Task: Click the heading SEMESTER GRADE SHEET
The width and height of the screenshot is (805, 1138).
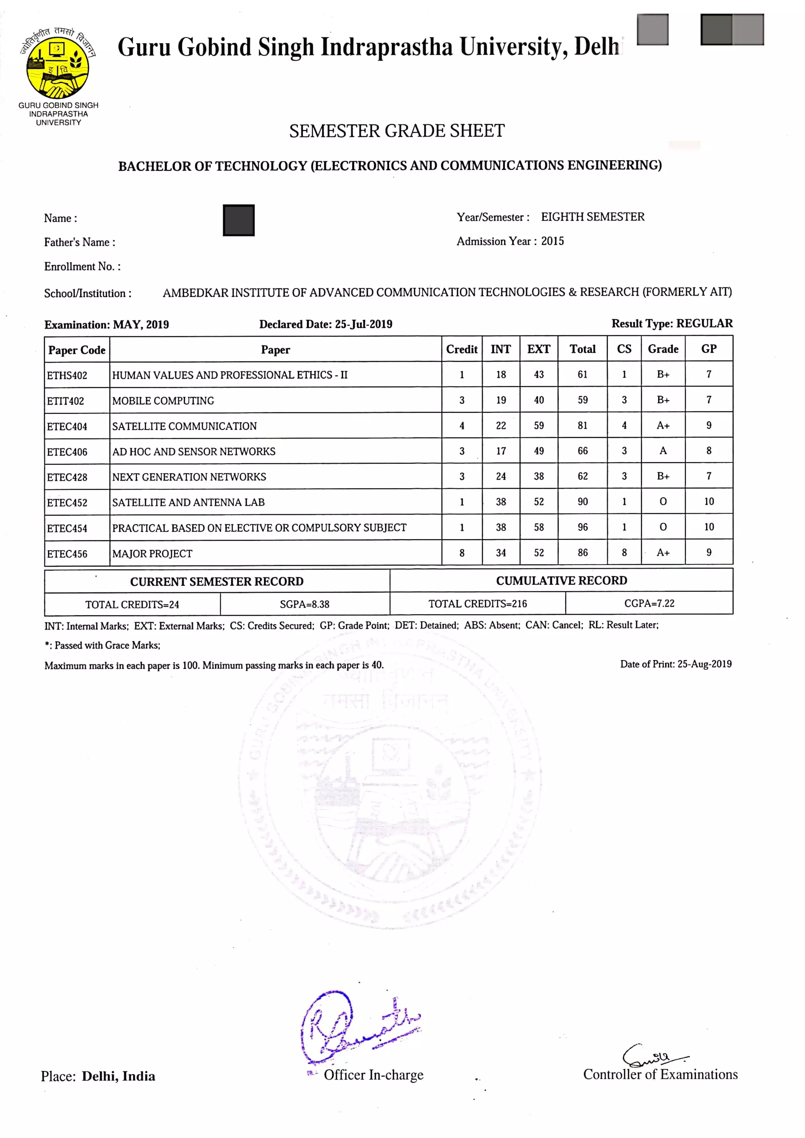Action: [397, 131]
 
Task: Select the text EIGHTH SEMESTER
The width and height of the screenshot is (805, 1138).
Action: [592, 217]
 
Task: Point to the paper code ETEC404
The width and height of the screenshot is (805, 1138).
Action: [67, 426]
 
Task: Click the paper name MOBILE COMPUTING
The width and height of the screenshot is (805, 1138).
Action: [163, 401]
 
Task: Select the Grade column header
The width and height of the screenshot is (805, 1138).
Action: [663, 349]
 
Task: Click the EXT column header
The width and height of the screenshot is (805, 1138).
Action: [538, 349]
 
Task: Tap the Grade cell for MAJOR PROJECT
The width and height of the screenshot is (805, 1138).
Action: [663, 552]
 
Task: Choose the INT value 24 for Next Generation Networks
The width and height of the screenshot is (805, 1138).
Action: [501, 476]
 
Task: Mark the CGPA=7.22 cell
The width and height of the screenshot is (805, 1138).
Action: [649, 603]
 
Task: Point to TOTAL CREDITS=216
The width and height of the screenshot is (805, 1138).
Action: [477, 603]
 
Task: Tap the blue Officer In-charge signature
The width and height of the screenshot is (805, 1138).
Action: [353, 1028]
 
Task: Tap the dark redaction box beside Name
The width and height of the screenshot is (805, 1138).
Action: [239, 220]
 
